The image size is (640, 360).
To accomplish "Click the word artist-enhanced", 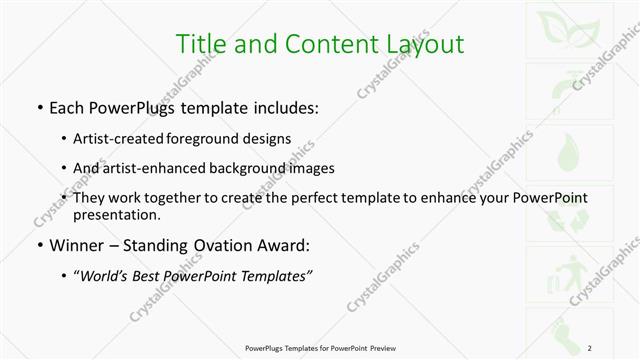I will click(x=147, y=168).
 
